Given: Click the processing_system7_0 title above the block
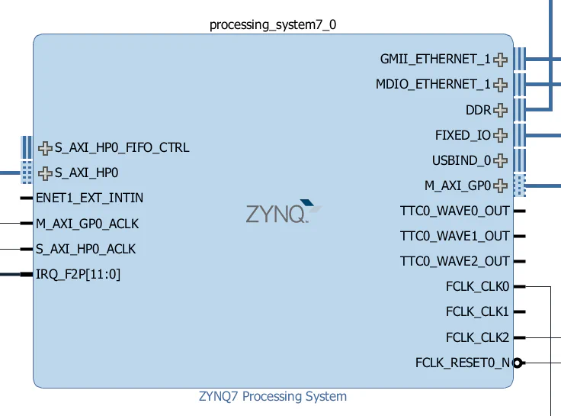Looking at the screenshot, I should [273, 24].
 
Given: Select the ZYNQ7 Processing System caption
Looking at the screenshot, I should [273, 396].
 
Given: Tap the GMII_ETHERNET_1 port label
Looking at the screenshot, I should [435, 59].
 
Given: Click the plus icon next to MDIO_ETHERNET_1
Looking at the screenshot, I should [500, 84].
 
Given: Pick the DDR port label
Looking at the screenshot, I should [478, 110].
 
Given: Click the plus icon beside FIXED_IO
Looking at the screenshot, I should [500, 135].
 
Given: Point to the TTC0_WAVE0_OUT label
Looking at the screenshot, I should [454, 211].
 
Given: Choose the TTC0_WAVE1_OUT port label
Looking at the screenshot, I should [454, 236].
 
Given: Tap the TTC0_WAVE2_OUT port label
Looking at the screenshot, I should [454, 261].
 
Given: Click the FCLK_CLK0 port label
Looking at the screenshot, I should [477, 286].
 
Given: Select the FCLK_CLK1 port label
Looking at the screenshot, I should [477, 311].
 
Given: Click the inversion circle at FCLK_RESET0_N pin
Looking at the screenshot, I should [518, 363].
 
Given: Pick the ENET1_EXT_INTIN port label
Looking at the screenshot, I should [89, 198].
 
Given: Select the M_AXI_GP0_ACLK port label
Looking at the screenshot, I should [87, 224].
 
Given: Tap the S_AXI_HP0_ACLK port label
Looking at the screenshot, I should [85, 249].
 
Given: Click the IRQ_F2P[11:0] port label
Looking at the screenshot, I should [78, 274].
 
